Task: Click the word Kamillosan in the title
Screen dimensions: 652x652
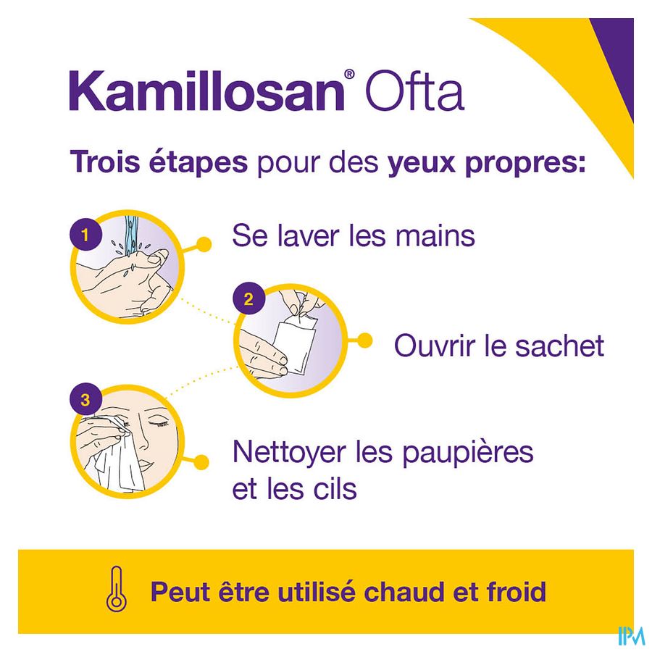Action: point(206,91)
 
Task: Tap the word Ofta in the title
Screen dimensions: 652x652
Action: point(414,91)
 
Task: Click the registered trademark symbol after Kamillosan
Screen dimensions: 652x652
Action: point(349,74)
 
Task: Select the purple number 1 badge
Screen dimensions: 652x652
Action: point(85,235)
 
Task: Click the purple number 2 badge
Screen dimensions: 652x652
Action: point(248,299)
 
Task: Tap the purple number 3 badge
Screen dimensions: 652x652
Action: point(85,400)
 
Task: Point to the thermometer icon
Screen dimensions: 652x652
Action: point(116,590)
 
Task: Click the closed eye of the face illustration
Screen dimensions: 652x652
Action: point(159,423)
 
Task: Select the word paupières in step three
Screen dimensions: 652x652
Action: point(468,454)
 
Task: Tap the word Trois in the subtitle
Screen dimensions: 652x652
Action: point(105,162)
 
